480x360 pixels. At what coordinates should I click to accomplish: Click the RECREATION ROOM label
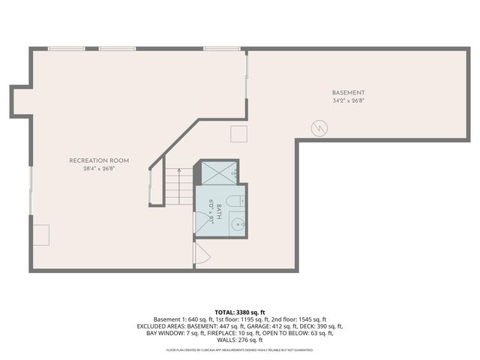point(99,160)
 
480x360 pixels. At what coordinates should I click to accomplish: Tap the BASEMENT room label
point(349,93)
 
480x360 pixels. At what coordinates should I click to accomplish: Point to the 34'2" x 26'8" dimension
point(349,100)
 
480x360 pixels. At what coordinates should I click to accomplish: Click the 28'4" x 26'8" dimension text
point(99,169)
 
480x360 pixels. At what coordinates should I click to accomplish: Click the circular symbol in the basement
point(319,128)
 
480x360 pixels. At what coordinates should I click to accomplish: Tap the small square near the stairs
point(238,133)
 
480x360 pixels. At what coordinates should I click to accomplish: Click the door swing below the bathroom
point(201,253)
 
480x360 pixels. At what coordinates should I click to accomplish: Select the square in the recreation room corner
point(40,234)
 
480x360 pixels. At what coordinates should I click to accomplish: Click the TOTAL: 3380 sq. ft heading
point(240,312)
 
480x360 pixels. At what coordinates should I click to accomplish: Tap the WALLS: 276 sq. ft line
point(240,340)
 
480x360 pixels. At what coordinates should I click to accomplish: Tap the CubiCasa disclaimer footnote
point(240,349)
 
